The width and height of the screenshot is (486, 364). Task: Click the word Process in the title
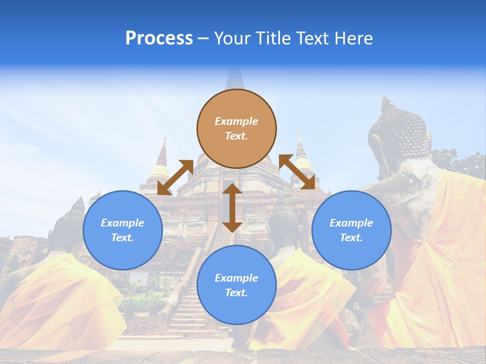pyautogui.click(x=159, y=38)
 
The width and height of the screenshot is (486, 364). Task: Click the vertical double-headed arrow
pyautogui.click(x=232, y=208)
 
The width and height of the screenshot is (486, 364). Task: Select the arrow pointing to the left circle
pyautogui.click(x=175, y=177)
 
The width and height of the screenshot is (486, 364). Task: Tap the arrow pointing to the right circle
pyautogui.click(x=297, y=172)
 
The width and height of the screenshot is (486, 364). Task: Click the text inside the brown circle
pyautogui.click(x=236, y=128)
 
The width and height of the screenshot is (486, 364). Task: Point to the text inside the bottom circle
pyautogui.click(x=236, y=285)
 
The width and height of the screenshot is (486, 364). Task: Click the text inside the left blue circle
pyautogui.click(x=123, y=230)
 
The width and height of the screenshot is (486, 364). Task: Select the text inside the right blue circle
pyautogui.click(x=351, y=230)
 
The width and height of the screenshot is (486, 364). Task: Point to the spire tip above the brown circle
pyautogui.click(x=234, y=76)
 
